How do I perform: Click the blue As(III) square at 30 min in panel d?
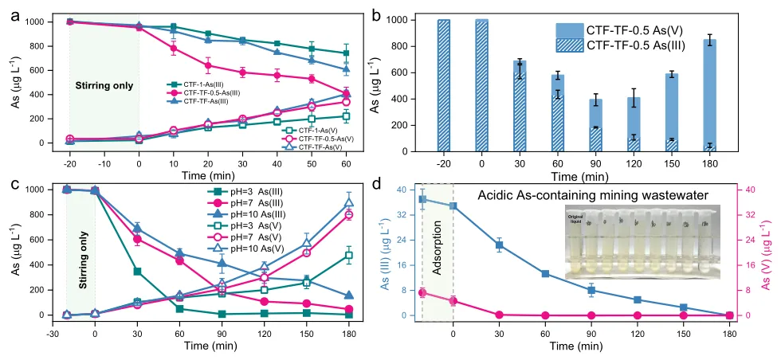(500, 245)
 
